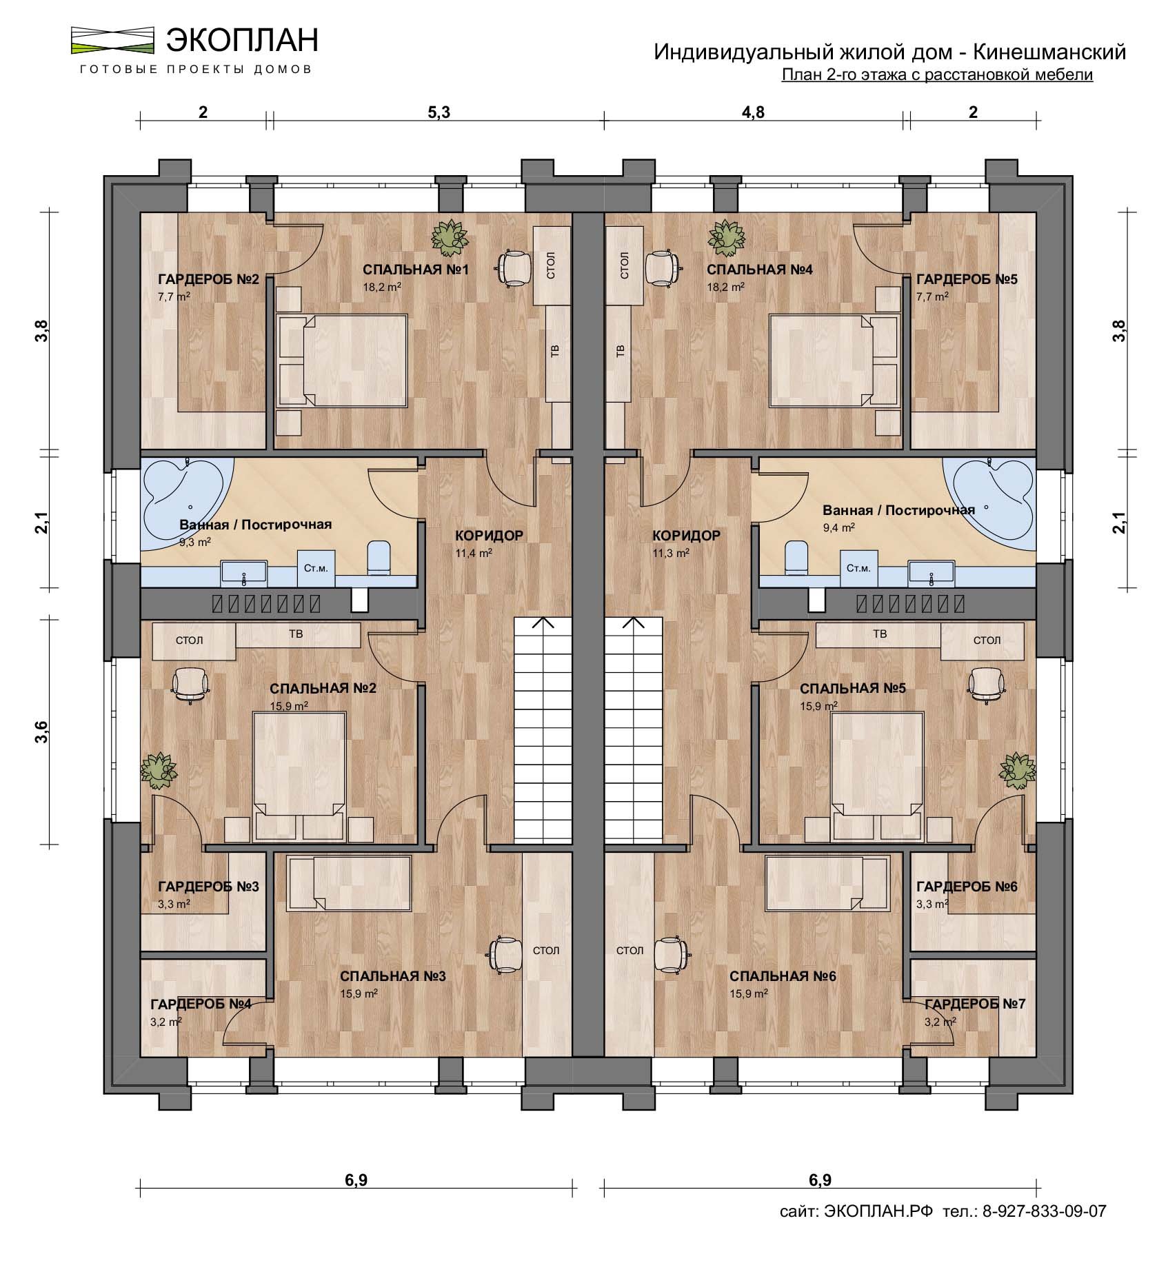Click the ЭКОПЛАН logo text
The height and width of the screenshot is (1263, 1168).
click(x=242, y=40)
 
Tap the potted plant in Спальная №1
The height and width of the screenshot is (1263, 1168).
click(x=450, y=236)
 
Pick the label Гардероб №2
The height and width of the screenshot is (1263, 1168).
click(x=208, y=279)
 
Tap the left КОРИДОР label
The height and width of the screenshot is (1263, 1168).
click(x=490, y=536)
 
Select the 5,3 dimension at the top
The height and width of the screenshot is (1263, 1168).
click(x=439, y=113)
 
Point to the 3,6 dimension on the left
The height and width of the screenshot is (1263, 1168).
click(x=43, y=731)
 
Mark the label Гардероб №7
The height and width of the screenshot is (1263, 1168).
click(x=975, y=1004)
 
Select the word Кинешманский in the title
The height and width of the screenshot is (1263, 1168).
click(x=1050, y=52)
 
